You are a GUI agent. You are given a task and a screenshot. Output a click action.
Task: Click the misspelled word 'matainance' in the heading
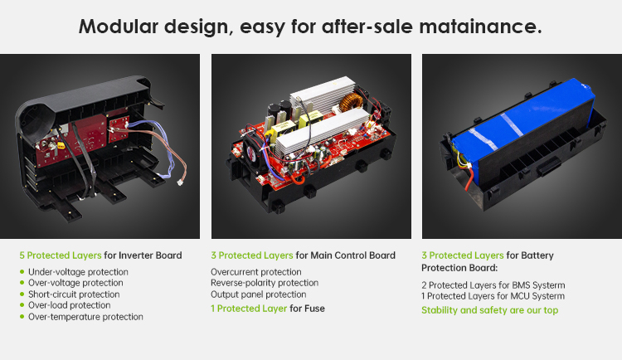[480, 27]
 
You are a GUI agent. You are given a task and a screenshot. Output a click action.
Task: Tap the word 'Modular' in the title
[119, 27]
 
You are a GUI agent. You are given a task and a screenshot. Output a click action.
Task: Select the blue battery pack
[523, 131]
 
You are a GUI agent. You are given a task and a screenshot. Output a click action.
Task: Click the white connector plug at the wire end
[181, 182]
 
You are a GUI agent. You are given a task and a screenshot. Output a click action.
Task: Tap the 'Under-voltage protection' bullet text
[78, 272]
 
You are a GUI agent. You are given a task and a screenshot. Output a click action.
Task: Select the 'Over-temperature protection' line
[85, 317]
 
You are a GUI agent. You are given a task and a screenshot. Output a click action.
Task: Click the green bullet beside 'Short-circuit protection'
[22, 294]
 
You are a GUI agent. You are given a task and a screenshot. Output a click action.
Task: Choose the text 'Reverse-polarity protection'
[265, 283]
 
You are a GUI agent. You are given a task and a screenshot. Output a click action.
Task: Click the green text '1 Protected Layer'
[249, 309]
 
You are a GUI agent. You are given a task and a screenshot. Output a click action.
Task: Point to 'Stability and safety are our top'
[489, 310]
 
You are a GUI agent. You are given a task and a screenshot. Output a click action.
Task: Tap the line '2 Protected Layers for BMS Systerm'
[493, 285]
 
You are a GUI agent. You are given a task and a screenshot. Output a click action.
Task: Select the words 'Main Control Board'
[352, 255]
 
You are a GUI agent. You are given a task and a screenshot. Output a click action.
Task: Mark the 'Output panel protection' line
[258, 294]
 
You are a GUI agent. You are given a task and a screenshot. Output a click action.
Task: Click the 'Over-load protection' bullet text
[70, 305]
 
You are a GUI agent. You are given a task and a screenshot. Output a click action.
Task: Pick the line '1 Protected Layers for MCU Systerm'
[493, 296]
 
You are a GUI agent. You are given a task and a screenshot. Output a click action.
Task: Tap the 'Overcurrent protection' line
[256, 272]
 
